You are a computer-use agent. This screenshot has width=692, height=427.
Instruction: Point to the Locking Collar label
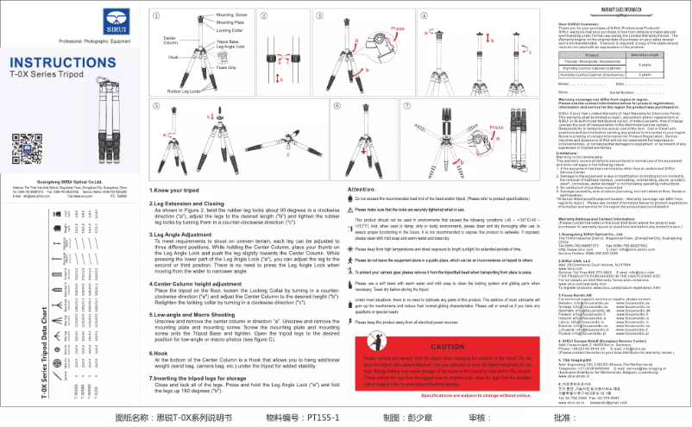tap(229, 29)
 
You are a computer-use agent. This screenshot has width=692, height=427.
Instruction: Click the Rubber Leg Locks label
tap(184, 91)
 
